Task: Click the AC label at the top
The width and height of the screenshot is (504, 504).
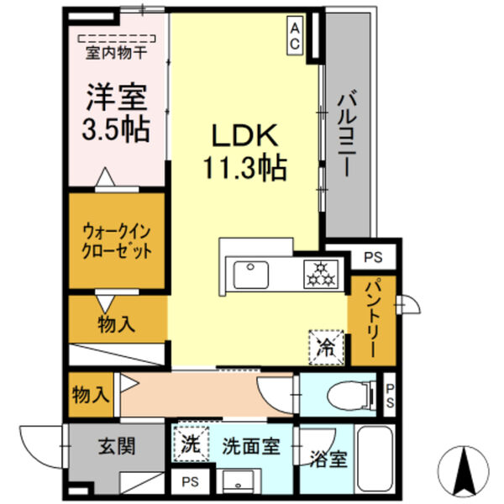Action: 296,36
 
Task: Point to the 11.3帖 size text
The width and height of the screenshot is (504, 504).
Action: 243,168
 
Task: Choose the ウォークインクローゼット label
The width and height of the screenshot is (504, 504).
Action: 117,239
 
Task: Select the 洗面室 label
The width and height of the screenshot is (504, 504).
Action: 249,447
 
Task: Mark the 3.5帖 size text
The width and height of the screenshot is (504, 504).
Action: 118,129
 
